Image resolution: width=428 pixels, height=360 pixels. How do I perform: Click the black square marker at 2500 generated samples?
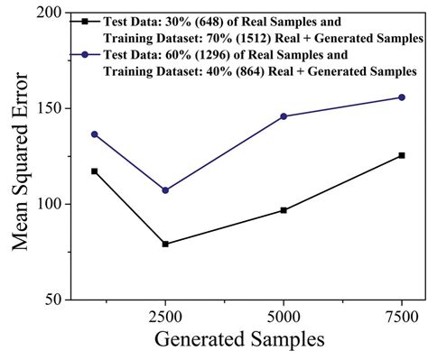165,244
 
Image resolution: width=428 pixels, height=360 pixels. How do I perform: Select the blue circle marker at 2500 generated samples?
165,190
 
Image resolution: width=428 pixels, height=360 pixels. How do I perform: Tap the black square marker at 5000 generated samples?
284,210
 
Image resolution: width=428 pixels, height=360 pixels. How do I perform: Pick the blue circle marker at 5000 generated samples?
284,116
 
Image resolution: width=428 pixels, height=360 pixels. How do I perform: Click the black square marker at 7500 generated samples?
402,155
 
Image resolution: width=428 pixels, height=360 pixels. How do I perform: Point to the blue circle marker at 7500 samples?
402,97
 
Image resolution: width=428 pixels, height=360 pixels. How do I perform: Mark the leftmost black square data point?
95,171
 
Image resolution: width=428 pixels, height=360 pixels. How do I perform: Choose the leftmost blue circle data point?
95,134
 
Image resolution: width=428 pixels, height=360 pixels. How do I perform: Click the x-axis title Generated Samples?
238,342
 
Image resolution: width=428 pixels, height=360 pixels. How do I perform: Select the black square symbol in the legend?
84,20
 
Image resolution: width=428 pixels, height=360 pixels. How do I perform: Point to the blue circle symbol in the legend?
84,54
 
